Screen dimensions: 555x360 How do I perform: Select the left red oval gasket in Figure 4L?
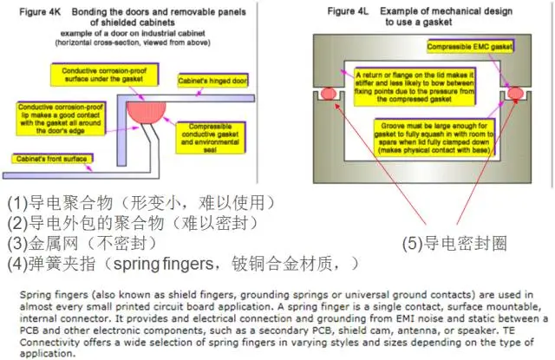click(330, 93)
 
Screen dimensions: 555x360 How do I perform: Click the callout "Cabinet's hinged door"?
click(213, 79)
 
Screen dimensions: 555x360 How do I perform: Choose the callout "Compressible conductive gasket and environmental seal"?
click(216, 132)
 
